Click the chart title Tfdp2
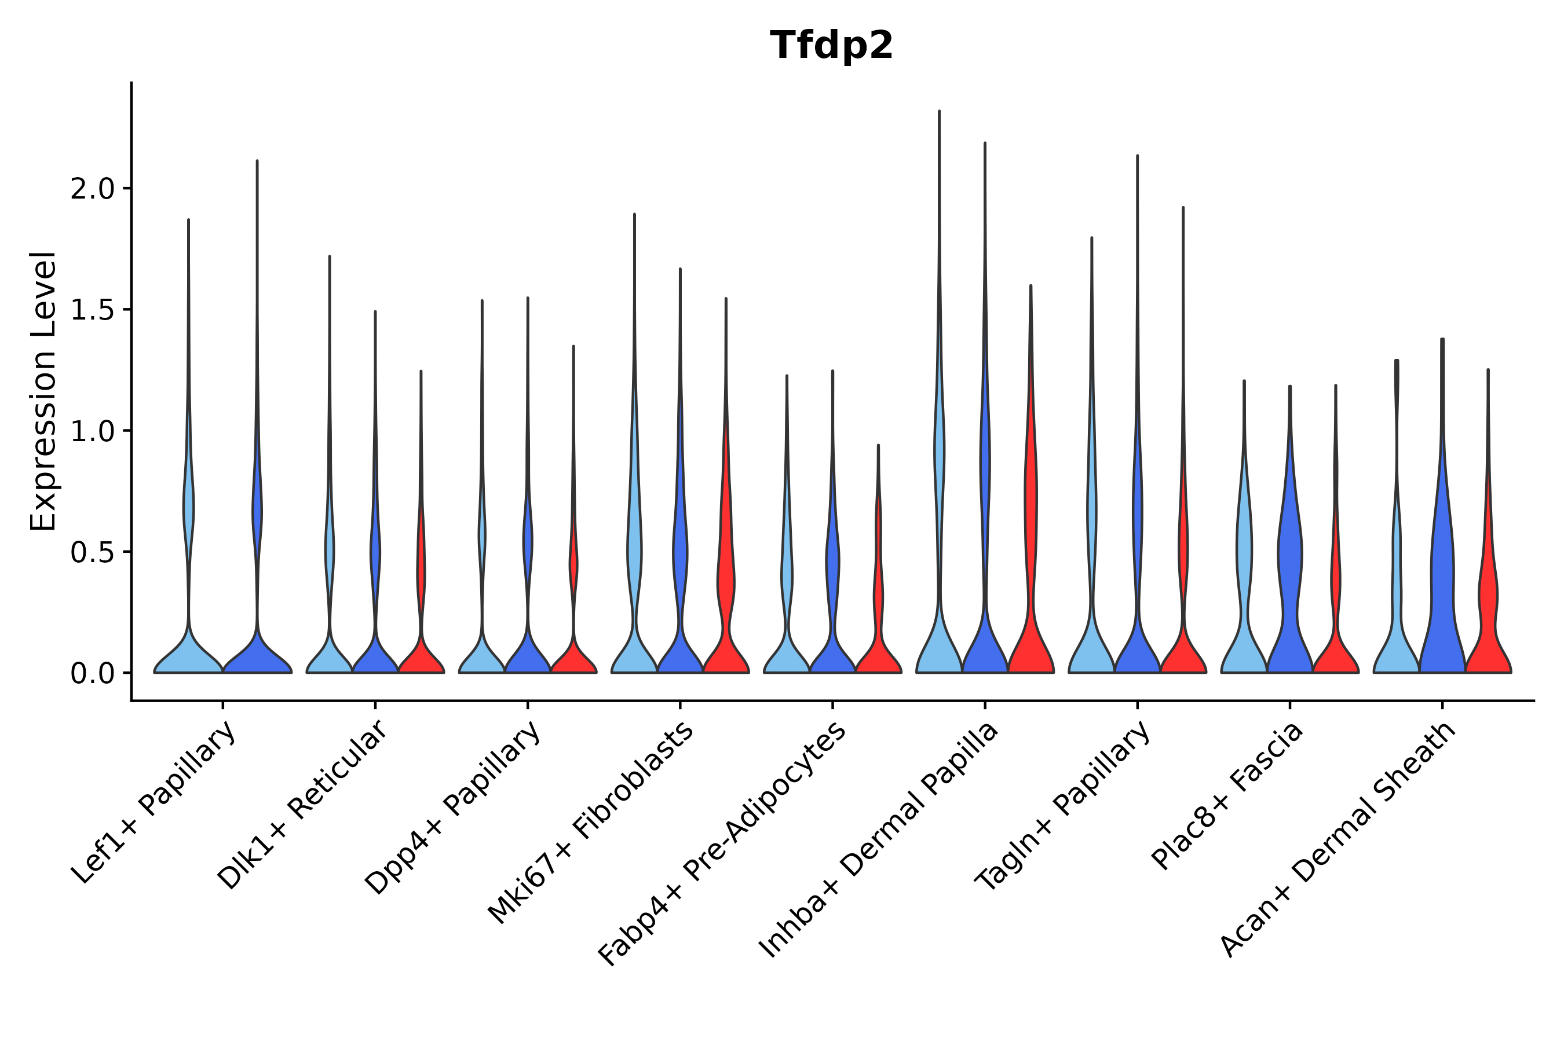[831, 46]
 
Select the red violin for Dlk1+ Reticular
[421, 655]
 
